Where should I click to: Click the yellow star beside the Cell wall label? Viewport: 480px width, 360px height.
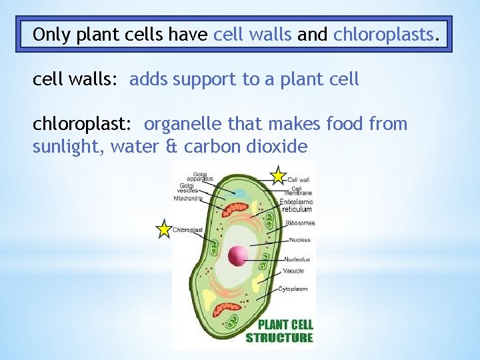[x=278, y=176]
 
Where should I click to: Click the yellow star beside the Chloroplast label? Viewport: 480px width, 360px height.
[x=163, y=229]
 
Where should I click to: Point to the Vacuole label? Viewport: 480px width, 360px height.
[x=294, y=271]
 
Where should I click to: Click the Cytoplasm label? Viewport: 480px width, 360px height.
[x=297, y=289]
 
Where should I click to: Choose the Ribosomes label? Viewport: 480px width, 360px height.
[x=298, y=223]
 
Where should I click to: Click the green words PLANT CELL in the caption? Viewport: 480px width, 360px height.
[x=285, y=325]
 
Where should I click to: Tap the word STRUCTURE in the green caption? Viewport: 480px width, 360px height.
[x=279, y=337]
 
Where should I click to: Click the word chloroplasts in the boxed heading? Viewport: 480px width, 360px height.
[x=383, y=34]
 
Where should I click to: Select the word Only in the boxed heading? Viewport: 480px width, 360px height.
[x=52, y=34]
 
